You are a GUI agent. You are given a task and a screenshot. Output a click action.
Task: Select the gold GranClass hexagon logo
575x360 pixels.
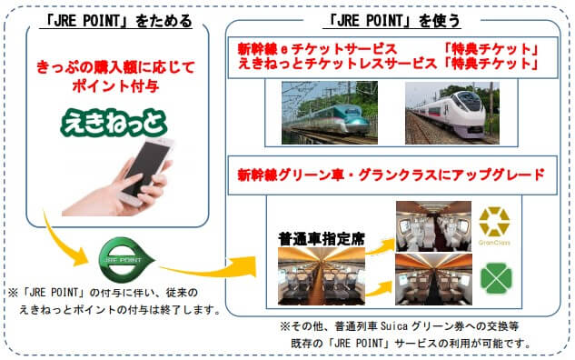coord(494,222)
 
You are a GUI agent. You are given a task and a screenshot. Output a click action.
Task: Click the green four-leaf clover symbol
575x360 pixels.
coord(496,278)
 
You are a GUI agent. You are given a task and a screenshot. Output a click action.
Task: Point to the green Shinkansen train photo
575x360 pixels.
coord(330,113)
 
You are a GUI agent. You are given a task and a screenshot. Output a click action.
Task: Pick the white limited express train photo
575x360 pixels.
coord(452,113)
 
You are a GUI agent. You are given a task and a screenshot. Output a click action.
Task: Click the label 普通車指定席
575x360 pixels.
coord(322,239)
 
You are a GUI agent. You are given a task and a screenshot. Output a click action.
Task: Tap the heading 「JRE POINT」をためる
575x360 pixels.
coord(117,21)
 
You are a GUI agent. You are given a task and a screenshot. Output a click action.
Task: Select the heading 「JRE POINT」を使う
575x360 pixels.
coord(392,21)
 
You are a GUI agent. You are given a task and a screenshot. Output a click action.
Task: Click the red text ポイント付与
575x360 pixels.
coord(115,86)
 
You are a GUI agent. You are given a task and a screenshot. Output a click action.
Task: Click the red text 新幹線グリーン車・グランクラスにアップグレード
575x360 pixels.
coord(391,175)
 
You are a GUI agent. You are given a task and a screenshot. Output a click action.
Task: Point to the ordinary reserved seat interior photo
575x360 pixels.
coord(322,276)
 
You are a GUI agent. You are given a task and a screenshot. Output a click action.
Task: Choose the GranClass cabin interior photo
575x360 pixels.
coord(433,226)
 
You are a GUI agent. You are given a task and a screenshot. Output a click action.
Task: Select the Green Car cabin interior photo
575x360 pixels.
coord(433,279)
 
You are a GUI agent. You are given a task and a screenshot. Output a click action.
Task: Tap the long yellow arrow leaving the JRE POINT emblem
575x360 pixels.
coord(209,271)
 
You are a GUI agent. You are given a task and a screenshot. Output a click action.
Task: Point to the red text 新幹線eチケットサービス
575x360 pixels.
coord(317,49)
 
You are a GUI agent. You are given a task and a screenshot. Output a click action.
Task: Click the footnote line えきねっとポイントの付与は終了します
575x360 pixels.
coord(121,310)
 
